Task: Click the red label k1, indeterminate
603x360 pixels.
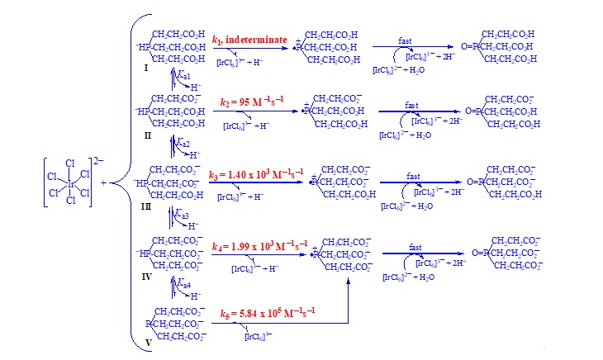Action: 249,40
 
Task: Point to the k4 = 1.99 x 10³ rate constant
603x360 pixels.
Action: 259,247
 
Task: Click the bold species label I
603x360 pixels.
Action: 146,68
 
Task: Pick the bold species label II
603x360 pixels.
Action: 147,135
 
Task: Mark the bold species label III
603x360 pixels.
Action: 146,207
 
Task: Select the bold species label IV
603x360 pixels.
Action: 146,277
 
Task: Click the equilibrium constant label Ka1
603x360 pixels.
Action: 183,75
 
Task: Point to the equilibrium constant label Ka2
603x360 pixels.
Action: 183,144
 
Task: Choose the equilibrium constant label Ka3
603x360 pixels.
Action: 183,215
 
